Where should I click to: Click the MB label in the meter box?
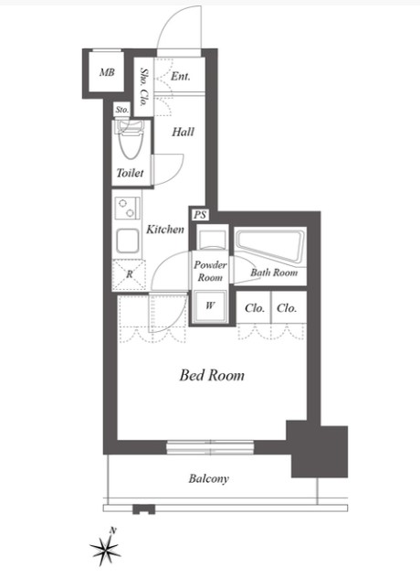pyautogui.click(x=107, y=72)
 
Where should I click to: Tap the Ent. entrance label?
pyautogui.click(x=181, y=76)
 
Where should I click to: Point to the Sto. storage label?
pyautogui.click(x=121, y=110)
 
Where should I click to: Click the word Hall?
pyautogui.click(x=183, y=132)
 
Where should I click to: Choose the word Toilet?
pyautogui.click(x=130, y=173)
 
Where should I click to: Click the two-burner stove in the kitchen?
pyautogui.click(x=127, y=209)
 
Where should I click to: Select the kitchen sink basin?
pyautogui.click(x=127, y=241)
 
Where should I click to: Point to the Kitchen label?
pyautogui.click(x=165, y=230)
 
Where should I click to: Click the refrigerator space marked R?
pyautogui.click(x=129, y=274)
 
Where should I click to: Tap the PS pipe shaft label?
pyautogui.click(x=200, y=215)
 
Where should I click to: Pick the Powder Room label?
pyautogui.click(x=210, y=271)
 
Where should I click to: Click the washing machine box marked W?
pyautogui.click(x=210, y=305)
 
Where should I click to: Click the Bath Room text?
pyautogui.click(x=274, y=273)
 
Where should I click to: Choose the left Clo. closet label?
pyautogui.click(x=255, y=308)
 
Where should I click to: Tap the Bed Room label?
pyautogui.click(x=212, y=375)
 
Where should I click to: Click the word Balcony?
pyautogui.click(x=209, y=478)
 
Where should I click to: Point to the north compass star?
pyautogui.click(x=105, y=551)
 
